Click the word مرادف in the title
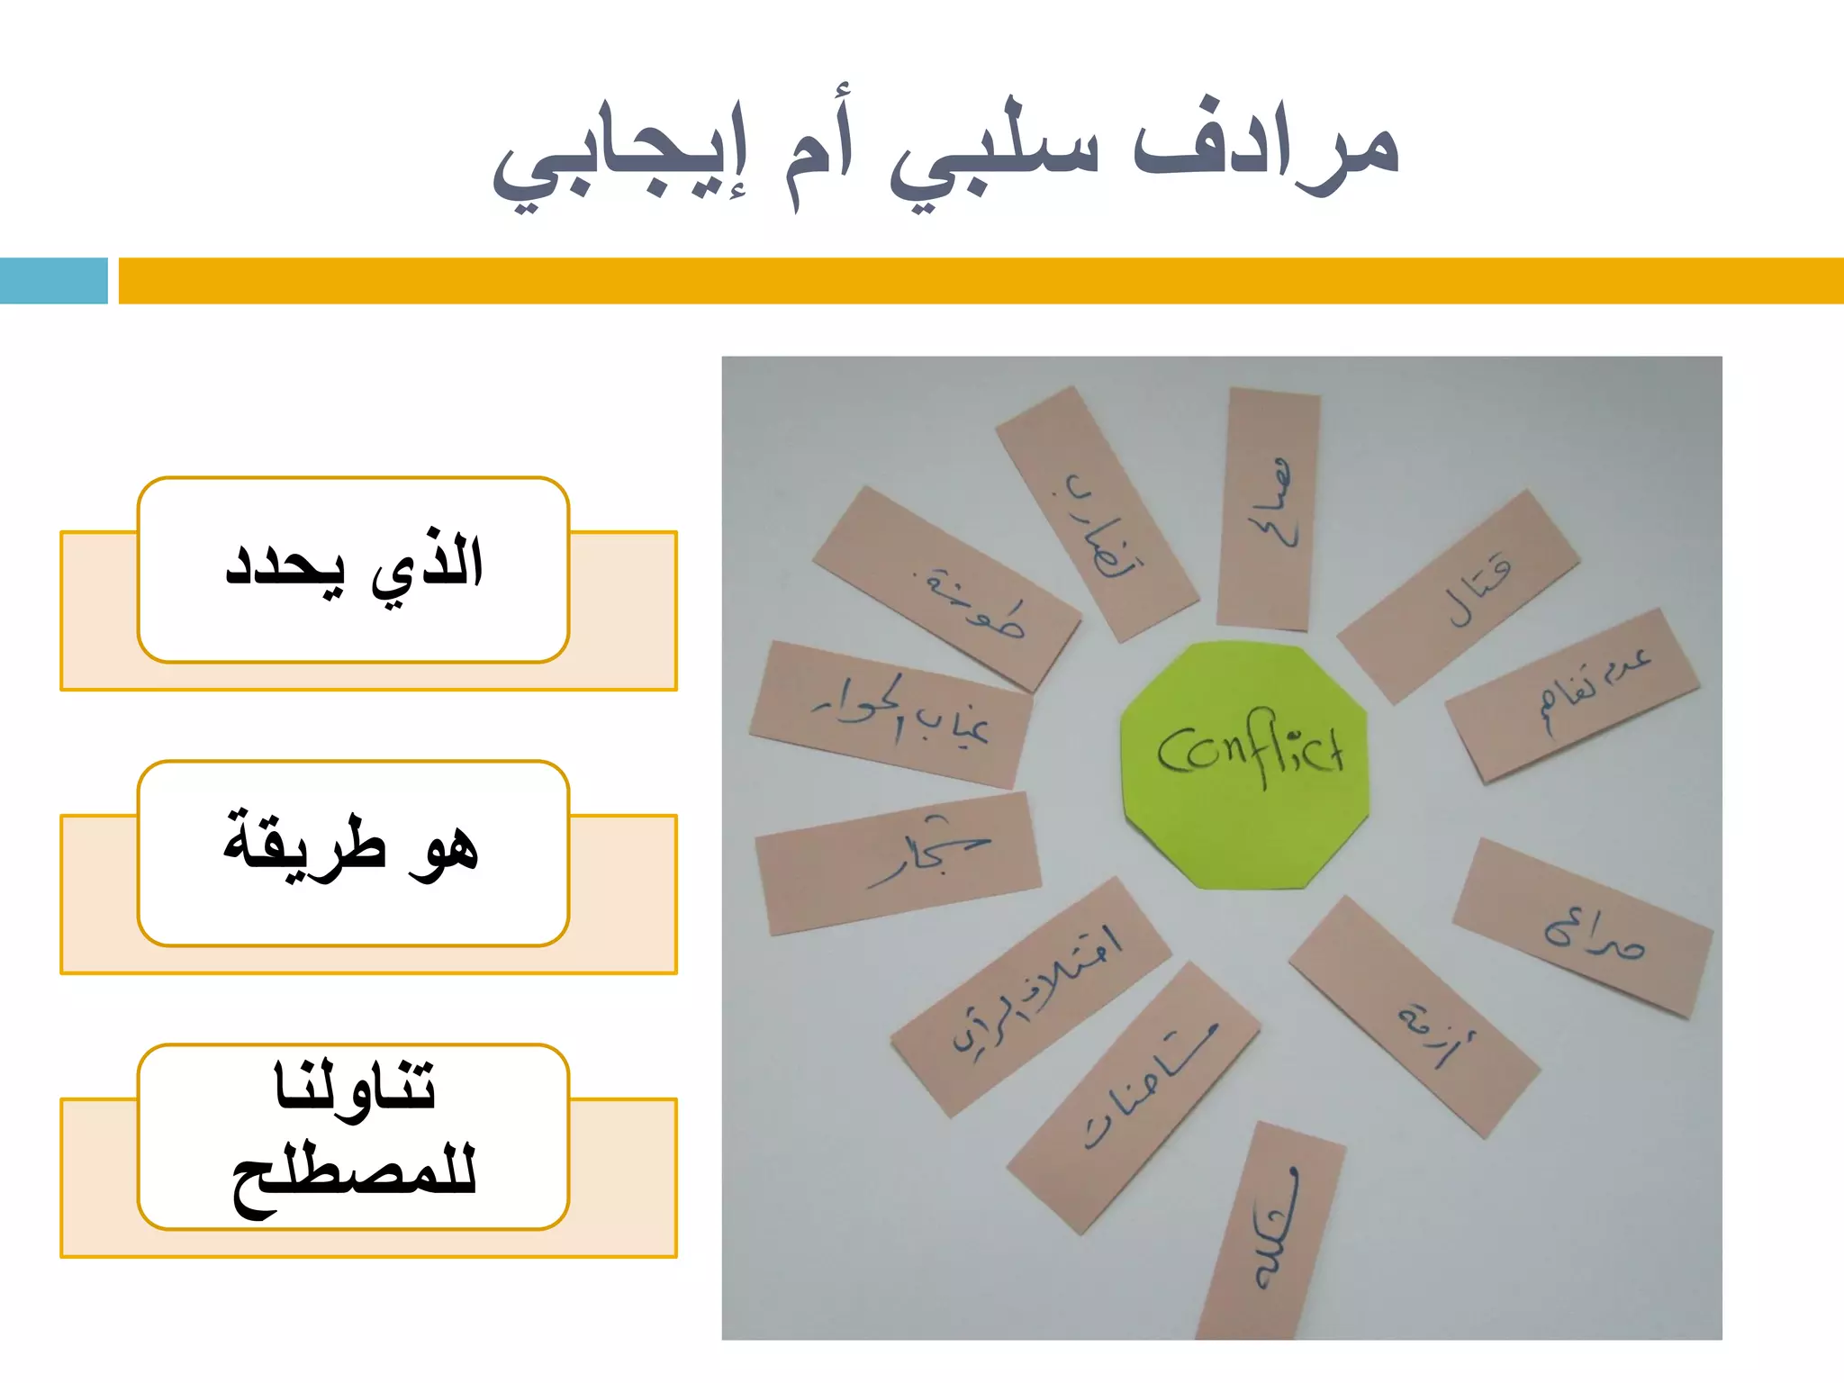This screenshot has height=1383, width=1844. (1265, 149)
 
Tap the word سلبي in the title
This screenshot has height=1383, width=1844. (995, 158)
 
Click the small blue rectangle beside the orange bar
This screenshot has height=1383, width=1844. (53, 280)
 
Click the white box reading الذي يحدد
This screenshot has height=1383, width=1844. (353, 569)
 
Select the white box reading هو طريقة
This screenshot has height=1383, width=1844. (353, 853)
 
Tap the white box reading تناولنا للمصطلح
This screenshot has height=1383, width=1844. (353, 1136)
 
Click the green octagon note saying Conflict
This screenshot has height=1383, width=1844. (1245, 764)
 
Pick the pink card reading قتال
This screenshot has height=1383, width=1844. (1459, 596)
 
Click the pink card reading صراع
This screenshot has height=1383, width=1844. (1583, 927)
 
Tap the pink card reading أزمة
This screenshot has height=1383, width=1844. (1415, 1017)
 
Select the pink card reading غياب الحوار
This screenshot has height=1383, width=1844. (891, 715)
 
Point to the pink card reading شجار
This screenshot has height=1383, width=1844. (899, 863)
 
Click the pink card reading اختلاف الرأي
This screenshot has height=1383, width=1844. (1031, 996)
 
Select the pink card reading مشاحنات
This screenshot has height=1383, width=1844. (1133, 1097)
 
